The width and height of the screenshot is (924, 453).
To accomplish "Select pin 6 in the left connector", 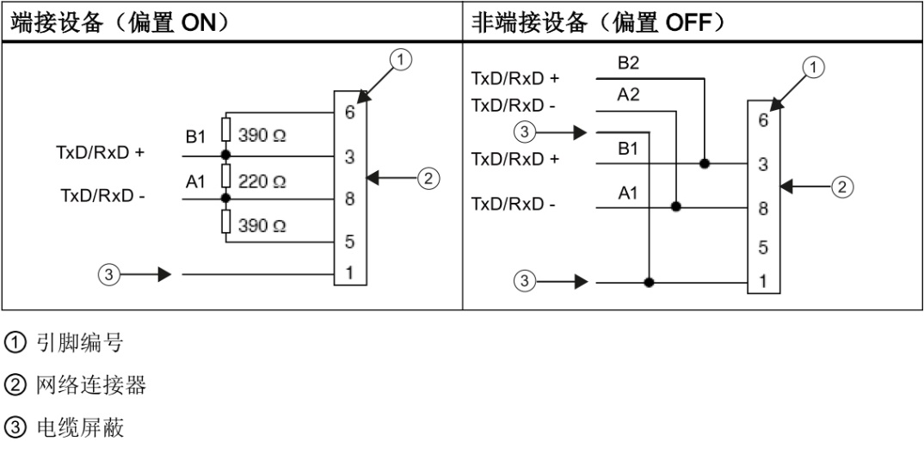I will (x=349, y=112).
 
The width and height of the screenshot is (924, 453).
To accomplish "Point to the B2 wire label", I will (x=628, y=64).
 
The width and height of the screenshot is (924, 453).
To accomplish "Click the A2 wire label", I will (x=628, y=96).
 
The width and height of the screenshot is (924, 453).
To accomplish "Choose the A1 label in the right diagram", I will (x=628, y=195).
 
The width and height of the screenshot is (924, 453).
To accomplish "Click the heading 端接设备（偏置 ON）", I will (x=124, y=23).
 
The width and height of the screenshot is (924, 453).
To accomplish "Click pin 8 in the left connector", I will (x=349, y=199).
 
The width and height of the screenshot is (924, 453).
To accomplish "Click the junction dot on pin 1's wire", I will (x=648, y=281).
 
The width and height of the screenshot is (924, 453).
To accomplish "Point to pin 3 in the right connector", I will (x=762, y=164).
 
